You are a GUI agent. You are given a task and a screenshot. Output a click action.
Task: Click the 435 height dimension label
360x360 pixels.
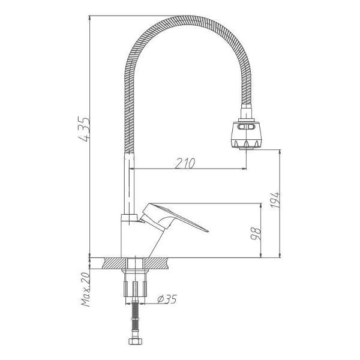83,129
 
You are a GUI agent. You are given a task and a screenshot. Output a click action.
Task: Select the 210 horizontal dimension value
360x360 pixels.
185,163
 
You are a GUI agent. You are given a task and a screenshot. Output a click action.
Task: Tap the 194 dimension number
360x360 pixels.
275,200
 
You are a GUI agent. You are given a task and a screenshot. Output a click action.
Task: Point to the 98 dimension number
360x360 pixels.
256,234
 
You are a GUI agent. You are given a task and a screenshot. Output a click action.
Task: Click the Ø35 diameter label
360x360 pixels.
167,299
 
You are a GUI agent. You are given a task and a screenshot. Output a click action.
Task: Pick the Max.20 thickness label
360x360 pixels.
86,289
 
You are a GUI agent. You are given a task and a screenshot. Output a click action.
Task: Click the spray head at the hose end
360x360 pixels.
247,134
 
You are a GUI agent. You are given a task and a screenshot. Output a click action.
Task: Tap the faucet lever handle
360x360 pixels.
174,217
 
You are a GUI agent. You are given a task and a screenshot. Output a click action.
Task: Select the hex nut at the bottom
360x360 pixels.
134,341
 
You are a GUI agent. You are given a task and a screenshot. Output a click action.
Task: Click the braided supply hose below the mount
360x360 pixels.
135,320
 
